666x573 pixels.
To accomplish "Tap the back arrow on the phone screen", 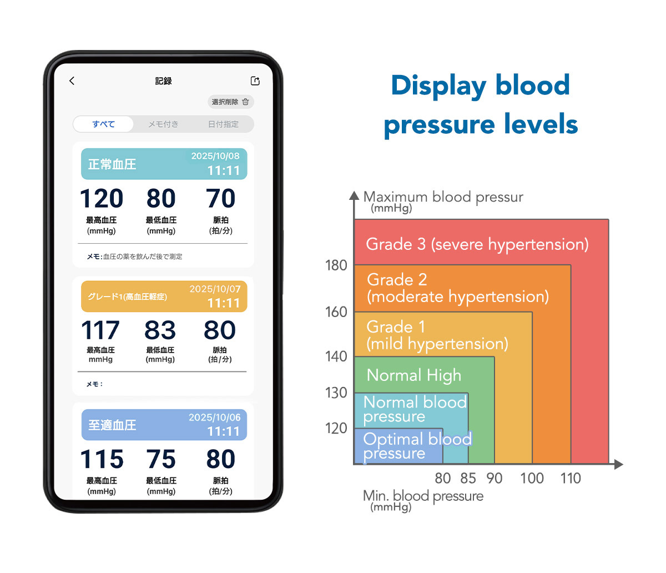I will click(72, 81).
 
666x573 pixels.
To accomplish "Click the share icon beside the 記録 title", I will click(255, 81).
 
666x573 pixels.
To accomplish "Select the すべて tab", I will click(104, 124).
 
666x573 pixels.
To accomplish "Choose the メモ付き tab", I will click(163, 124).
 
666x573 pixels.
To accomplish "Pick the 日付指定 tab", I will click(223, 124).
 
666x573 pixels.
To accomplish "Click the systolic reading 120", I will click(102, 198).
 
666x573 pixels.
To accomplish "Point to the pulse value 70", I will click(221, 198).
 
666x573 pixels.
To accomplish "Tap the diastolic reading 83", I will click(160, 330).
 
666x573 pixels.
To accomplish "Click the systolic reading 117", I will click(100, 330).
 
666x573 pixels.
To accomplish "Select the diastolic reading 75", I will click(161, 459).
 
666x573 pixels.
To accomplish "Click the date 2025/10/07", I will click(215, 289).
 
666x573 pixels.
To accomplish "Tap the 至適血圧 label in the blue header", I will click(112, 425).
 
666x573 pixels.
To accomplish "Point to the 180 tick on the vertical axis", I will click(336, 265).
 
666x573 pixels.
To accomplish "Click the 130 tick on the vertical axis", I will click(336, 393).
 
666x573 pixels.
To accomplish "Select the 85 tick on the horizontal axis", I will click(468, 478).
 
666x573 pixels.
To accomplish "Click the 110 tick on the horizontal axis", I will click(571, 478).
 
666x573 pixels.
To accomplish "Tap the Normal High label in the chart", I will click(414, 375).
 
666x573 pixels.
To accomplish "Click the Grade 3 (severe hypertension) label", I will click(477, 244).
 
